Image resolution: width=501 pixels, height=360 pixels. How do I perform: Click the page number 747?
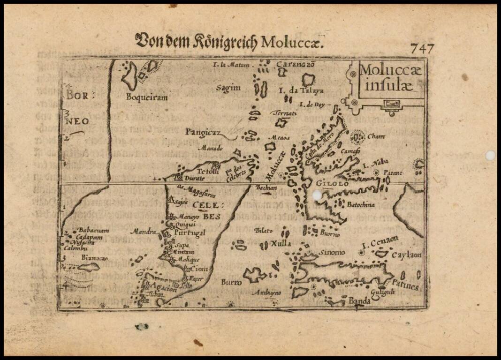coord(422,48)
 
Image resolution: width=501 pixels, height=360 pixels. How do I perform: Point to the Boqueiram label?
coord(147,97)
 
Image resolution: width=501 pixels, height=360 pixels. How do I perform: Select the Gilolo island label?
coord(332,184)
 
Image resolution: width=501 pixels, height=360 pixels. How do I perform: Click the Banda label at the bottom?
coord(360,301)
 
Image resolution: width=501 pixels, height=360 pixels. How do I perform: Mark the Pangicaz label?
coord(202,132)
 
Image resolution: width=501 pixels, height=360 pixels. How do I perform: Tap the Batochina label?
coord(360,204)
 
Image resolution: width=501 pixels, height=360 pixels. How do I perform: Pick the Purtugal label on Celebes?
coord(190,233)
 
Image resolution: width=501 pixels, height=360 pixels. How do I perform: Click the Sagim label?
coord(228,88)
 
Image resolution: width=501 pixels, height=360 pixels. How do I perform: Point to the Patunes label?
coord(405,285)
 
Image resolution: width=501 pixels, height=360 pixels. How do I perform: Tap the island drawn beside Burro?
coord(254,275)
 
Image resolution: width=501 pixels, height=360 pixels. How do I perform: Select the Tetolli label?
coord(208,171)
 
